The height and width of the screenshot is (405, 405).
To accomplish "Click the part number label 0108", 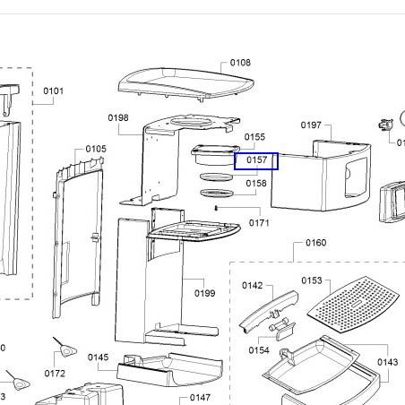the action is click(240, 63).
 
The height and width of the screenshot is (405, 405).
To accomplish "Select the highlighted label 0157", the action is click(256, 160).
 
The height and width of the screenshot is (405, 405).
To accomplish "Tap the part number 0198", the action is click(118, 117).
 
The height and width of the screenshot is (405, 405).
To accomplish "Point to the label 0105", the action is click(96, 149).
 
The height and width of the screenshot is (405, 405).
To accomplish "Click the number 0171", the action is click(259, 223).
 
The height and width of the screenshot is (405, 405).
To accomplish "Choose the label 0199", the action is click(205, 293).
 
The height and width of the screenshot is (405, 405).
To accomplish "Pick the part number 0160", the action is click(316, 243).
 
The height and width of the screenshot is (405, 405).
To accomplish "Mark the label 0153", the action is click(312, 280).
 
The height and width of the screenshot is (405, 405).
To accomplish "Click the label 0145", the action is click(99, 358).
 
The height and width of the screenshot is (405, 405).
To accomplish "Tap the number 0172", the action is click(55, 374).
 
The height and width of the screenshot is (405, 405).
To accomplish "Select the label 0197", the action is click(311, 125).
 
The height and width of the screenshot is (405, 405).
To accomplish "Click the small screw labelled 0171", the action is click(216, 208).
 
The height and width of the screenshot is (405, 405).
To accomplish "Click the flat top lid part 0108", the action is click(185, 83).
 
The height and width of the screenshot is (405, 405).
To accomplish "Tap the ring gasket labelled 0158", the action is click(217, 194).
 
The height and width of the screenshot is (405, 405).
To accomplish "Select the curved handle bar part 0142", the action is click(269, 310).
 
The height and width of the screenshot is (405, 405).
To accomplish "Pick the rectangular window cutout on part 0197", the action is click(356, 177).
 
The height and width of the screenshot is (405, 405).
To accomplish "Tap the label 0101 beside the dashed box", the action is click(54, 90).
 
